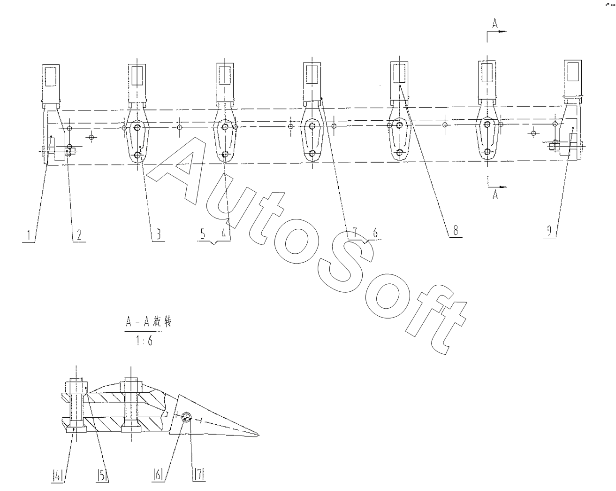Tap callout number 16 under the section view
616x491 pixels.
click(158, 475)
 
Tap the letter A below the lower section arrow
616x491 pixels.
click(495, 195)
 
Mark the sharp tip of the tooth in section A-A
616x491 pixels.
click(258, 434)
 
